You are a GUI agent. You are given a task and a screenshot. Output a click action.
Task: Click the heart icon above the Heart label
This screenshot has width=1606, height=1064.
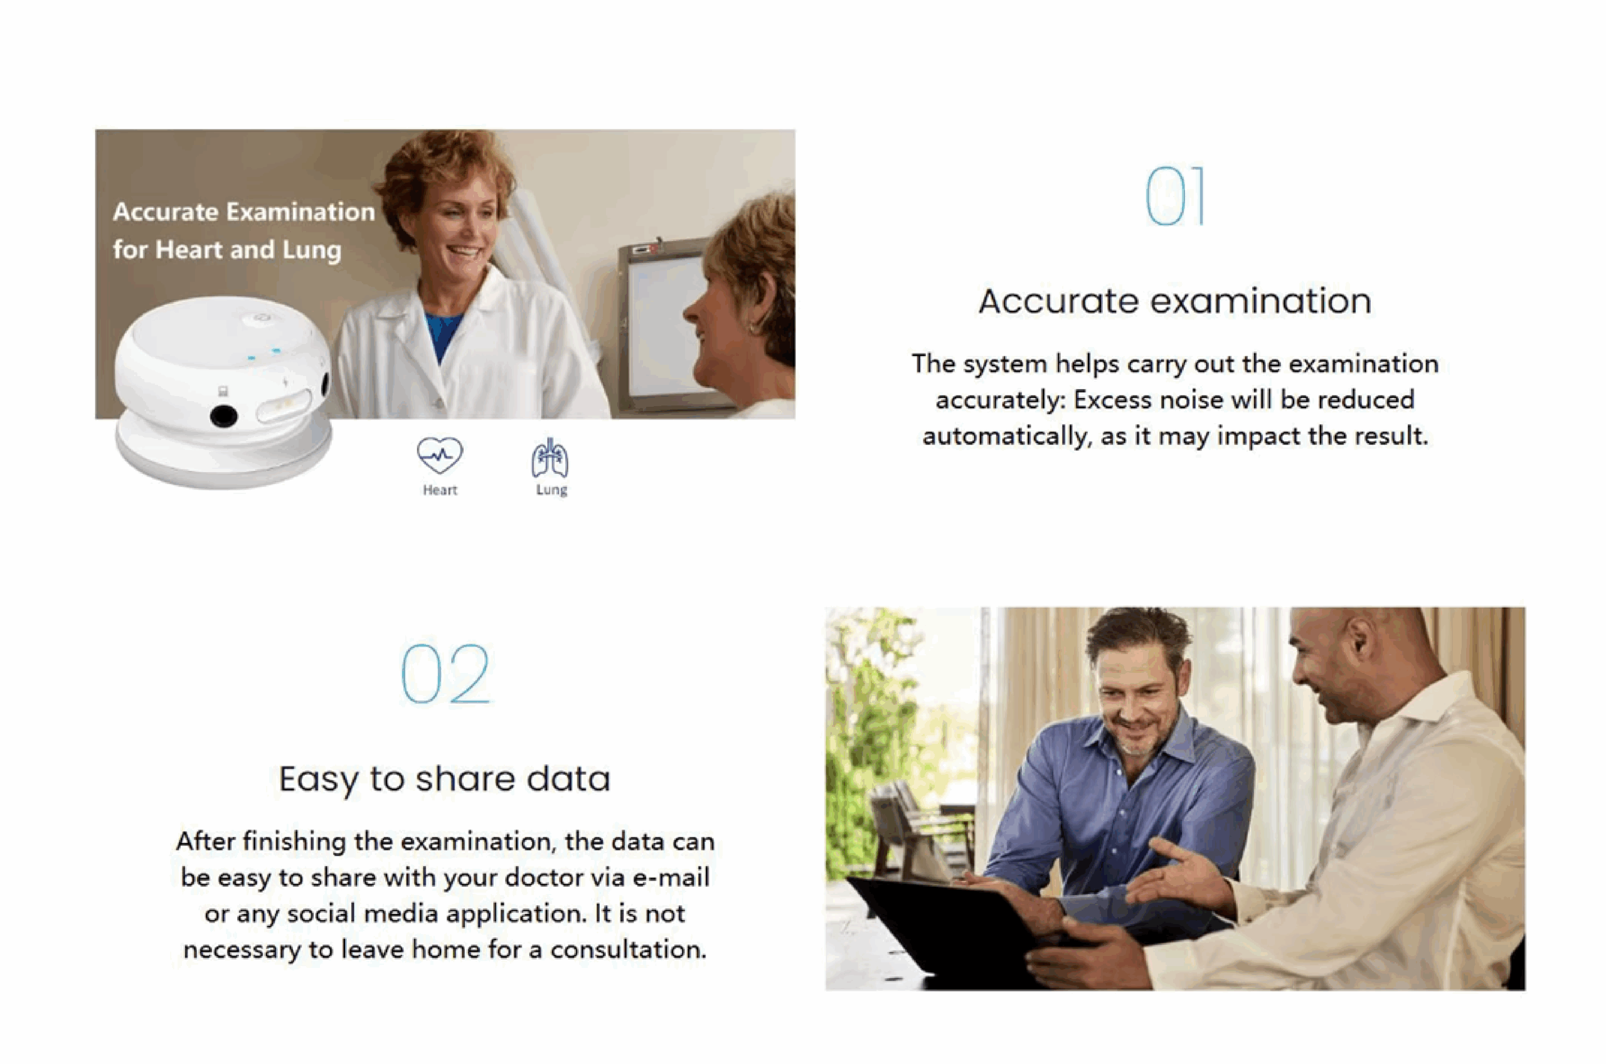tap(440, 455)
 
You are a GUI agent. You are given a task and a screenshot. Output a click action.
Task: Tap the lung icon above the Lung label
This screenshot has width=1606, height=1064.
tap(550, 458)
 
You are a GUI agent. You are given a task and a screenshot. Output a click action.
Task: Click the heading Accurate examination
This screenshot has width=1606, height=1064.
tap(1174, 301)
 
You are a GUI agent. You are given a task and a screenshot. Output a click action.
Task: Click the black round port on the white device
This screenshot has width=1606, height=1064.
tap(223, 416)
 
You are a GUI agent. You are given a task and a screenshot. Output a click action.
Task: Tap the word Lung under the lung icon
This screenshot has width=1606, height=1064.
tap(551, 490)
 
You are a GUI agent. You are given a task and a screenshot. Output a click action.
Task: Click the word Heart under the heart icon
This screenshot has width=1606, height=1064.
tap(440, 490)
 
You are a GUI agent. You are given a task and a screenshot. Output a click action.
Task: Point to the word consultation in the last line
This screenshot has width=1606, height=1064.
tap(628, 949)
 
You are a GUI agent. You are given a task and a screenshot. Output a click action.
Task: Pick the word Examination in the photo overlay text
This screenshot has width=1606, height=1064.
tap(300, 212)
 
